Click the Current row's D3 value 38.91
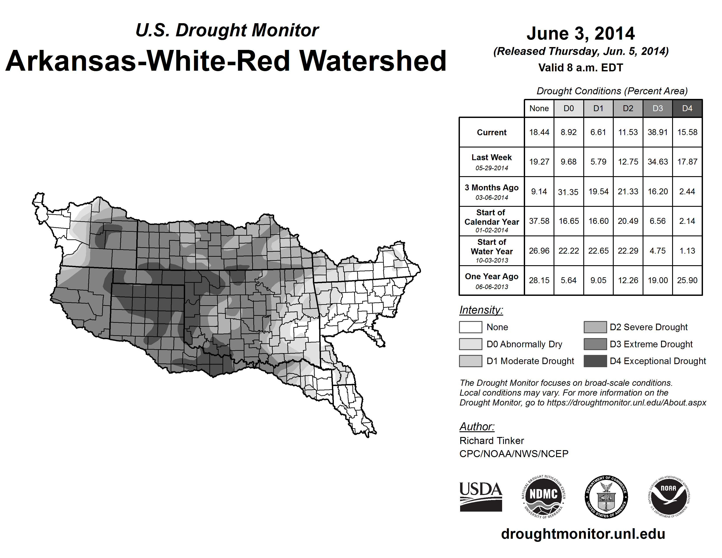click(657, 132)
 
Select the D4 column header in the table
click(687, 108)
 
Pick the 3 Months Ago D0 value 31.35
click(568, 192)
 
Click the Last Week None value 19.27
click(539, 162)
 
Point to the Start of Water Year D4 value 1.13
click(687, 251)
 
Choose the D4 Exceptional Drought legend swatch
click(595, 361)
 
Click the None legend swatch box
click(470, 327)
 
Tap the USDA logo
click(481, 497)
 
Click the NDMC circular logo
click(543, 497)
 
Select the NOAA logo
click(668, 497)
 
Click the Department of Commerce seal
click(606, 497)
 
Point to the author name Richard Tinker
click(492, 441)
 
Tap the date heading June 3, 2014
click(580, 34)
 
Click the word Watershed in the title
click(373, 61)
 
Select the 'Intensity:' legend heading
click(481, 310)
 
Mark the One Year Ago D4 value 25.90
click(687, 280)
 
